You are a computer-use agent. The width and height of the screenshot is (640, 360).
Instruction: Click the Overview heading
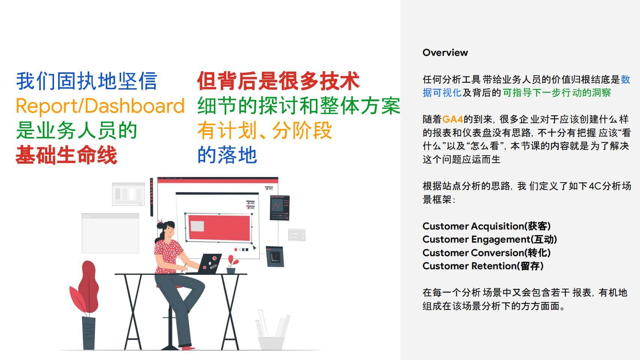[x=445, y=52]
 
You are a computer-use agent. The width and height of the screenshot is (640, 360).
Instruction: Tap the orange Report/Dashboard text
[x=100, y=106]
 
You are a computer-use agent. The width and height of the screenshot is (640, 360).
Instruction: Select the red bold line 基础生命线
[x=66, y=155]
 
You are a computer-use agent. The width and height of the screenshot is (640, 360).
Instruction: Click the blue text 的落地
[x=227, y=155]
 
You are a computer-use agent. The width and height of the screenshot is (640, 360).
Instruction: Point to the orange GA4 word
[x=452, y=119]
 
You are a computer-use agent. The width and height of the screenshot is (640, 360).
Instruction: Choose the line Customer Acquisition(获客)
[x=486, y=226]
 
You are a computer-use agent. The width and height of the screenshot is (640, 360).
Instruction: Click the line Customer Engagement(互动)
[x=490, y=239]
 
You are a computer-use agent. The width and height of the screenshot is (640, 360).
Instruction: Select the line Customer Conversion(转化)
[x=486, y=253]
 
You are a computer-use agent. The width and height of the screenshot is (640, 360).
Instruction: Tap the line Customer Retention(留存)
[x=483, y=266]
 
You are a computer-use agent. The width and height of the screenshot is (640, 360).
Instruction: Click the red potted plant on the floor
[x=85, y=304]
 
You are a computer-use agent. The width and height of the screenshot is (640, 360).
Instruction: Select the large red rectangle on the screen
[x=219, y=228]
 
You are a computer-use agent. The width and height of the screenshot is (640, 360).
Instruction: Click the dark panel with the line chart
[x=279, y=208]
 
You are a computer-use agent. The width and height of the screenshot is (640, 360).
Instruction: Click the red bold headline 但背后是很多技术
[x=278, y=81]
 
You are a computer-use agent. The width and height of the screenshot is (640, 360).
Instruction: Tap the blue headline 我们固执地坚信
[x=87, y=81]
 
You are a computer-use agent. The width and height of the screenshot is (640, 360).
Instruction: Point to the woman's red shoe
[x=188, y=348]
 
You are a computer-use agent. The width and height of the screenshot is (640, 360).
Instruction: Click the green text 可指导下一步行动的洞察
[x=557, y=93]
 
